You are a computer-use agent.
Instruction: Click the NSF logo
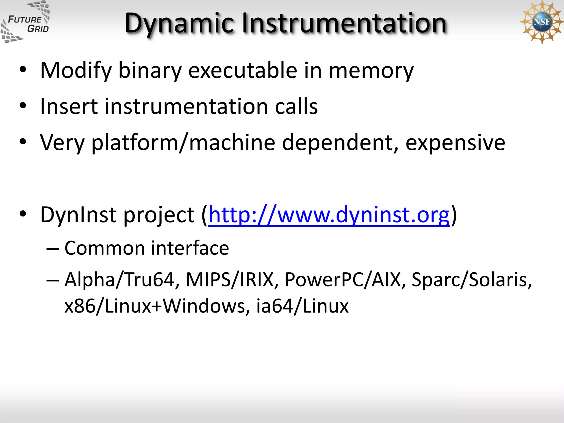point(541,21)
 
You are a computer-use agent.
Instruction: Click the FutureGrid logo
point(25,22)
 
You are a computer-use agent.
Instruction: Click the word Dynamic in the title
point(179,23)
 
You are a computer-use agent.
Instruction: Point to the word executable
point(242,70)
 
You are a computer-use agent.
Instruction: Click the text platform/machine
point(183,143)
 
